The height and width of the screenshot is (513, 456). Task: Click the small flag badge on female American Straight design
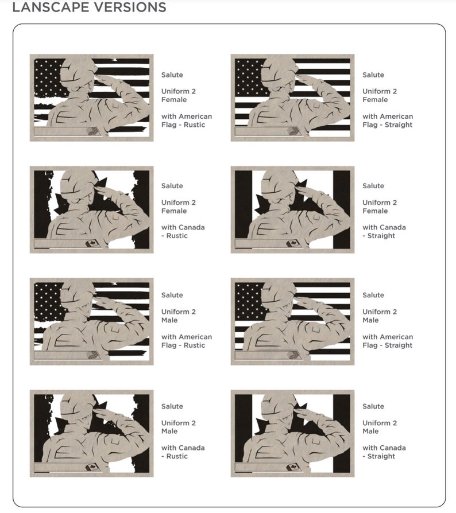293,131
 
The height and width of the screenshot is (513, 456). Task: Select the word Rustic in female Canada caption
177,236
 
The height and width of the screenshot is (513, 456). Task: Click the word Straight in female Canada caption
381,236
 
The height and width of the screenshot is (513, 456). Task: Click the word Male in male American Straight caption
370,320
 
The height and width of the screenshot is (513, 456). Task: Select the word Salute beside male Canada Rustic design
172,406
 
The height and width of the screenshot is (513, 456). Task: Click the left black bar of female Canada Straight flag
244,209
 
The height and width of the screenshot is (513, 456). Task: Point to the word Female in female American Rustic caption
174,99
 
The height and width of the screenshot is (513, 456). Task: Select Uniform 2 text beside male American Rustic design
179,312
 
